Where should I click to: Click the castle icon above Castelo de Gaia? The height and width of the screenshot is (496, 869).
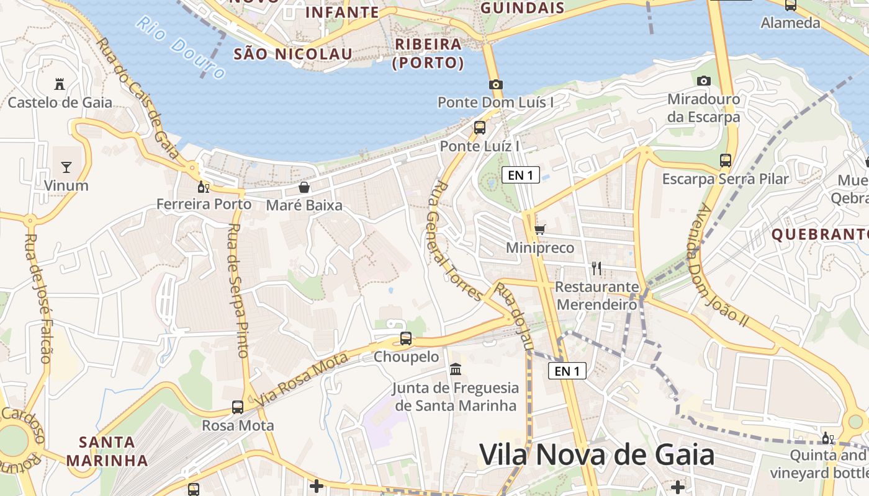(x=60, y=84)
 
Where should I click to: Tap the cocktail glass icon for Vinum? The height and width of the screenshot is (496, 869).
(x=66, y=167)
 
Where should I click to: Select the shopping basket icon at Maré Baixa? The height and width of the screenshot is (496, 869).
(x=304, y=187)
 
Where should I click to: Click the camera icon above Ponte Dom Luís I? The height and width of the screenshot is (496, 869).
(x=495, y=84)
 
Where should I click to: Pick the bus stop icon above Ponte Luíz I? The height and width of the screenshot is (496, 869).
(x=479, y=128)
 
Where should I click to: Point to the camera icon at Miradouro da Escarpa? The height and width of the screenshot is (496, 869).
(x=703, y=81)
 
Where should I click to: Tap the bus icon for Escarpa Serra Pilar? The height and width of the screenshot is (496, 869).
(x=725, y=161)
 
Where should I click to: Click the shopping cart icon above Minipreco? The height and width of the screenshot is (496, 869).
(x=539, y=230)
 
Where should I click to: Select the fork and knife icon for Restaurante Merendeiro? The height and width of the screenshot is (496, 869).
(x=596, y=268)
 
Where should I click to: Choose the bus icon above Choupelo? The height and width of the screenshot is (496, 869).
(x=405, y=339)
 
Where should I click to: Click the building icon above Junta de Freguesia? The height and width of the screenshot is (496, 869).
(x=456, y=370)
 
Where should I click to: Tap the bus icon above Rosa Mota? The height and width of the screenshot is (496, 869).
(x=237, y=407)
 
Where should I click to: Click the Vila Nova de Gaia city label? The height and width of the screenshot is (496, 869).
(x=597, y=455)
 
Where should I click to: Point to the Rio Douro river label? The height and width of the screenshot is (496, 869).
(x=181, y=47)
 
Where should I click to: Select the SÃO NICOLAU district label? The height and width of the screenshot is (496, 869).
(x=292, y=54)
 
